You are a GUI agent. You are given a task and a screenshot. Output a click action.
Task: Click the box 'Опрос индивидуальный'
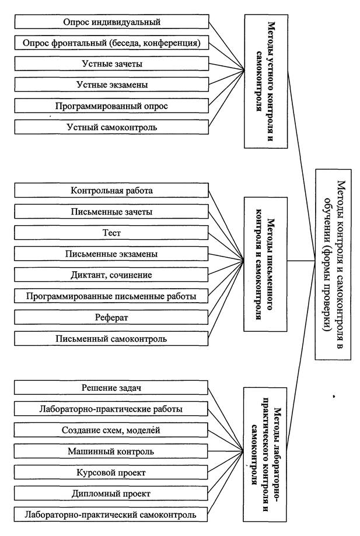click(112, 22)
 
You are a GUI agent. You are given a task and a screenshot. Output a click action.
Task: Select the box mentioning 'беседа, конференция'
click(112, 43)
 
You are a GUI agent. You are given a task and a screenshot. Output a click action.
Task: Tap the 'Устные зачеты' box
click(112, 64)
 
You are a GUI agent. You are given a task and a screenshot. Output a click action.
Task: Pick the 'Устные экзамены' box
click(112, 85)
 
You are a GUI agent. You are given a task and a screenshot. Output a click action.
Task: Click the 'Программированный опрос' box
click(112, 106)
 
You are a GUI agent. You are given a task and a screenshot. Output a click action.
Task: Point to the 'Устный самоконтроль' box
click(112, 127)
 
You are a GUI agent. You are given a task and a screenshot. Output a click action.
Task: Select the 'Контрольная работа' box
click(111, 190)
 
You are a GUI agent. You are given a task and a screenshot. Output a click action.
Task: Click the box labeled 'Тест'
click(111, 233)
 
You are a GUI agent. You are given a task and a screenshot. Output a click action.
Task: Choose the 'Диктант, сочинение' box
click(111, 275)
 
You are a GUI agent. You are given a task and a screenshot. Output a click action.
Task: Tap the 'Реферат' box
click(111, 317)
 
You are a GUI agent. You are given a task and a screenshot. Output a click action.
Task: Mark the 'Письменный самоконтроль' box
click(111, 338)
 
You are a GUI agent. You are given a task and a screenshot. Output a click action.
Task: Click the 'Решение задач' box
click(111, 388)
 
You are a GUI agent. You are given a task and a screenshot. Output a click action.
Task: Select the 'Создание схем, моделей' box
click(111, 430)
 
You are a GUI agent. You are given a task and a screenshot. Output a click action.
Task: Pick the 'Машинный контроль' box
click(111, 451)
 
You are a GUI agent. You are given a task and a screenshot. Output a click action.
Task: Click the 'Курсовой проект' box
click(111, 472)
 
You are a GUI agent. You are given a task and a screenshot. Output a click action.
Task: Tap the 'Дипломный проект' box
click(111, 493)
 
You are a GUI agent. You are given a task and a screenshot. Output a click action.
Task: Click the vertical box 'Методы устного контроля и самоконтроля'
click(266, 81)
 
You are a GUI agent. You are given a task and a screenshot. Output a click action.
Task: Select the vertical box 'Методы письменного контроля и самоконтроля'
click(265, 264)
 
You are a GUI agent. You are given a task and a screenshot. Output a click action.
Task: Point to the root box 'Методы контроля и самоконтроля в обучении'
click(333, 264)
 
